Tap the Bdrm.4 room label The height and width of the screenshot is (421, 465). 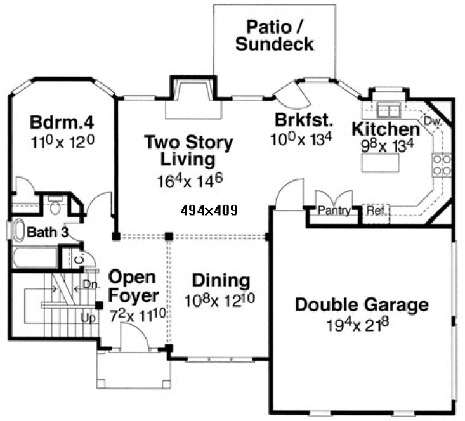point(62,120)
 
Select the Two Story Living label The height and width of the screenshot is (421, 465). point(188,149)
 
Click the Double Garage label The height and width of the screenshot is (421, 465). point(362,305)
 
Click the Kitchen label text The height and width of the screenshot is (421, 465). point(386,129)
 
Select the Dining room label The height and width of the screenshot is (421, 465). point(221,280)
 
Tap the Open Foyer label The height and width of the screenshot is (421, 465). point(132,286)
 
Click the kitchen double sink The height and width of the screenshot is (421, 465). point(388,109)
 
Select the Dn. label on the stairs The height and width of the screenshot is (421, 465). point(92,285)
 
